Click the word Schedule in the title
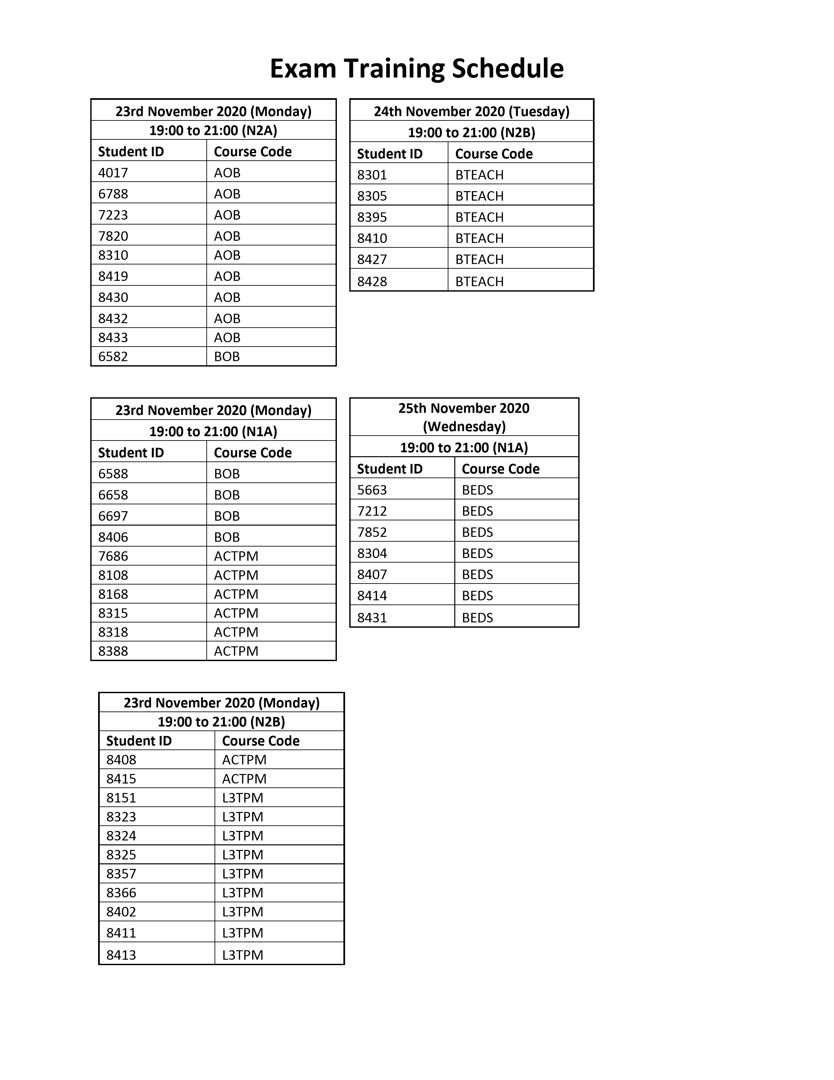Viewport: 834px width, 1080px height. pyautogui.click(x=507, y=69)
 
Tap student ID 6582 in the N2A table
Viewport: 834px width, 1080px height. pyautogui.click(x=113, y=356)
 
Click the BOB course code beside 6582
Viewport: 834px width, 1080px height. pyautogui.click(x=227, y=356)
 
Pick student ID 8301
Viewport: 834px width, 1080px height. pyautogui.click(x=372, y=175)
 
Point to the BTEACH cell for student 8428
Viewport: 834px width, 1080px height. pyautogui.click(x=479, y=281)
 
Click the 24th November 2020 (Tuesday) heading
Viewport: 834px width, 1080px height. pyautogui.click(x=471, y=111)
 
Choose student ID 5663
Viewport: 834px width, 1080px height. pyautogui.click(x=372, y=490)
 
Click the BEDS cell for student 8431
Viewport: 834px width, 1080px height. pyautogui.click(x=477, y=618)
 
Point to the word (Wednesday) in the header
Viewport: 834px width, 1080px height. pyautogui.click(x=464, y=426)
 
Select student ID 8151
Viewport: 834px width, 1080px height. pyautogui.click(x=121, y=798)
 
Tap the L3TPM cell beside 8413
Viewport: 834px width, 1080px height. pyautogui.click(x=243, y=955)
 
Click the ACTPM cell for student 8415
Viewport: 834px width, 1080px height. pyautogui.click(x=244, y=779)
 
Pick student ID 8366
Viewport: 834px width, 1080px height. pyautogui.click(x=121, y=892)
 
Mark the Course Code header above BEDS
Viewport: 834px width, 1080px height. pyautogui.click(x=500, y=469)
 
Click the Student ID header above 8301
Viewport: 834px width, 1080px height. pyautogui.click(x=390, y=154)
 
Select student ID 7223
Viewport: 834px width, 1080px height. pyautogui.click(x=113, y=215)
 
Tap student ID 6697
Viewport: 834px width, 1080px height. pyautogui.click(x=113, y=516)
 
